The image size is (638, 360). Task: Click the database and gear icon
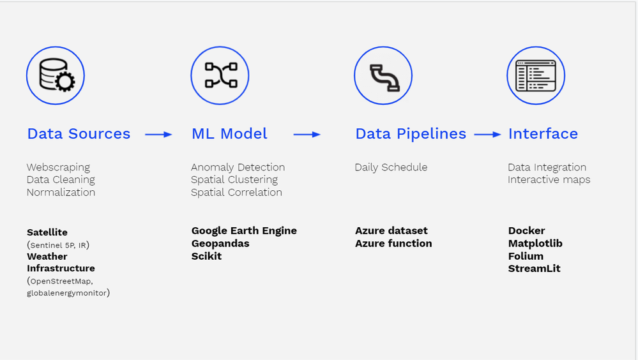coord(56,77)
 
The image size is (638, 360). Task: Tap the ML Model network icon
coord(220,76)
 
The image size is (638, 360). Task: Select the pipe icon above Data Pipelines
coord(384,77)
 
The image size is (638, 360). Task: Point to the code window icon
coord(536,77)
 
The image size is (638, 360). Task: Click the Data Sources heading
coord(79,134)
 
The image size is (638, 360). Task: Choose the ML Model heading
coord(229,134)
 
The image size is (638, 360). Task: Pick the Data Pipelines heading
coord(411,134)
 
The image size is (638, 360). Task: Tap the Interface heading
coord(543,134)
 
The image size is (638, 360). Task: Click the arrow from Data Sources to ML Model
coord(159,135)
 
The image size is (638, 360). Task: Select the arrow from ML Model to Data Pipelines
coord(307,135)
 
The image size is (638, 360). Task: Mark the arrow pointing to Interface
coord(488,135)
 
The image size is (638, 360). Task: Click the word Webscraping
coord(58,167)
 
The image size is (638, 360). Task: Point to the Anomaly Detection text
coord(238,167)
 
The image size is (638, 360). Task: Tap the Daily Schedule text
coord(391,167)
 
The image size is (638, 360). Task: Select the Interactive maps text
coord(549,180)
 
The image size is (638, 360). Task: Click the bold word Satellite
coord(47,232)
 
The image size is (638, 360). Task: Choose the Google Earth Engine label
coord(244,230)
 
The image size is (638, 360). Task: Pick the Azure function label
coord(393,243)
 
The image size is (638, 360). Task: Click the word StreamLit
coord(534,268)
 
